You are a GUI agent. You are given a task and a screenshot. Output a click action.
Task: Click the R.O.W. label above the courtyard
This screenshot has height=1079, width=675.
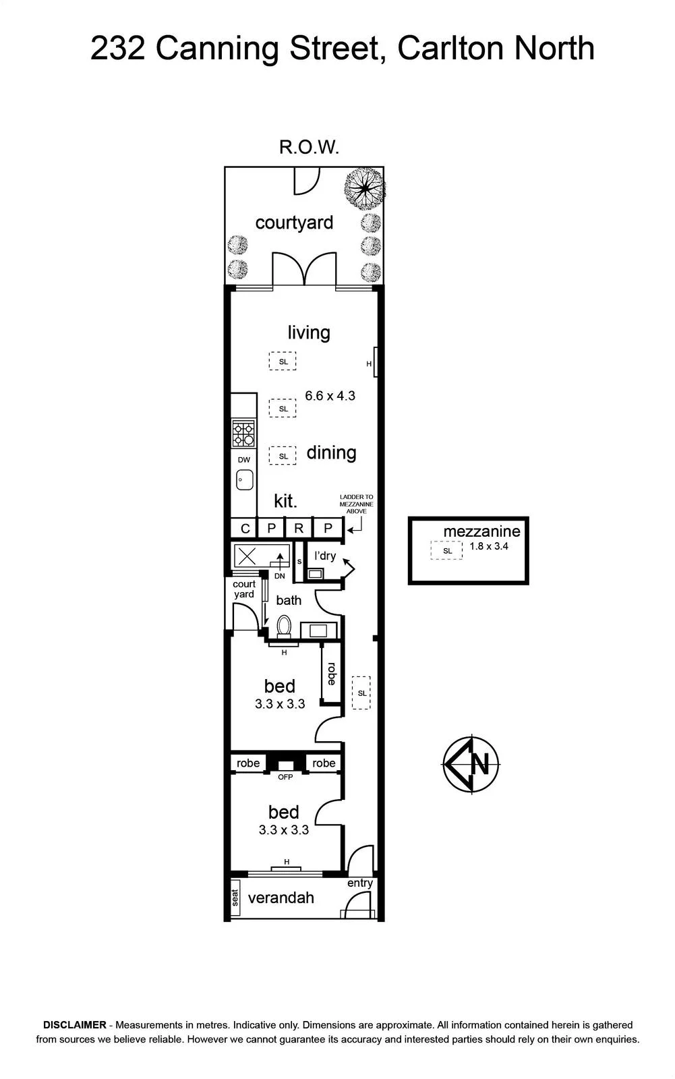pyautogui.click(x=309, y=147)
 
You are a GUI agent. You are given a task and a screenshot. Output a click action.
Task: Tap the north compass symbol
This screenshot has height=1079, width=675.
pyautogui.click(x=471, y=764)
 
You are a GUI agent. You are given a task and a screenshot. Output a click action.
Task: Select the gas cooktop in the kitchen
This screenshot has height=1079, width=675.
pyautogui.click(x=243, y=434)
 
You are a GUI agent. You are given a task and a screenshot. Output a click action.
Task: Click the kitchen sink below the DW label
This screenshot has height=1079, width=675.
pyautogui.click(x=245, y=479)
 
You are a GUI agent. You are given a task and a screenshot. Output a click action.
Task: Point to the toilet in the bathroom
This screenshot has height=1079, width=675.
pyautogui.click(x=285, y=626)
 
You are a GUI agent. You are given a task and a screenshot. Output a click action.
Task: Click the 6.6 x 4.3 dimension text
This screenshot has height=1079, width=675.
pyautogui.click(x=330, y=395)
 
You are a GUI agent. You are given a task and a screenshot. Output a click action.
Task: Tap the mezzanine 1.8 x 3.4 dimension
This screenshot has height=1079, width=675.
pyautogui.click(x=489, y=546)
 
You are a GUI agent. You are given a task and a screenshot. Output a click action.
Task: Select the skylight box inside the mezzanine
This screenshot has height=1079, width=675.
pyautogui.click(x=446, y=550)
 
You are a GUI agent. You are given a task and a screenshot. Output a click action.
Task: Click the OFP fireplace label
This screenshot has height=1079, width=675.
pyautogui.click(x=285, y=777)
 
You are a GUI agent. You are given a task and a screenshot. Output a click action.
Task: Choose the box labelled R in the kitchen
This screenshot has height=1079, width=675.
pyautogui.click(x=299, y=529)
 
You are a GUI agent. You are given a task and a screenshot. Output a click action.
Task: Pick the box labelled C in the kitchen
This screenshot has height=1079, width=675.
pyautogui.click(x=245, y=529)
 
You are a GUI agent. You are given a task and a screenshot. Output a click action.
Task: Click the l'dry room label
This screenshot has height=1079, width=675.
pyautogui.click(x=325, y=556)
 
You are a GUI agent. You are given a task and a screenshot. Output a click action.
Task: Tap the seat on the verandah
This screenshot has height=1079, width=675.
pyautogui.click(x=235, y=898)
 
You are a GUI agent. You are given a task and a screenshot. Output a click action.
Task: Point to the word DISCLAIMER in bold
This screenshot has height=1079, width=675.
pyautogui.click(x=75, y=1025)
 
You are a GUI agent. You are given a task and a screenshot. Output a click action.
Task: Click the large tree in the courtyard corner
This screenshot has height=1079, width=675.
pyautogui.click(x=364, y=188)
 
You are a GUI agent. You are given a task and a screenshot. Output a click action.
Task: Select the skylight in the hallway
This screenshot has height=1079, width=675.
pyautogui.click(x=361, y=693)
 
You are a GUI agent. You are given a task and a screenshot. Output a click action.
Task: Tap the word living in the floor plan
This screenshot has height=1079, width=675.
pyautogui.click(x=309, y=332)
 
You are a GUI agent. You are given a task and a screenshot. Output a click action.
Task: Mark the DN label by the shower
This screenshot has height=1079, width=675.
pyautogui.click(x=279, y=576)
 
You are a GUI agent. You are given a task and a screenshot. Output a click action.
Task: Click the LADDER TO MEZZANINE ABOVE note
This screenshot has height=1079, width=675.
pyautogui.click(x=357, y=504)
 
